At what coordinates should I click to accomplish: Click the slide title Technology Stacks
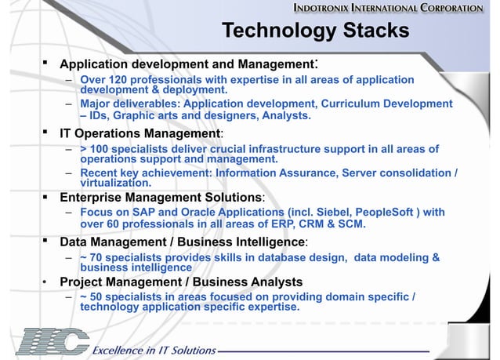(x=315, y=31)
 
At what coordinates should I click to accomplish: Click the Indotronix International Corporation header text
(x=399, y=9)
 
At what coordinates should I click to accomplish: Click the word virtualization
(x=118, y=183)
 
